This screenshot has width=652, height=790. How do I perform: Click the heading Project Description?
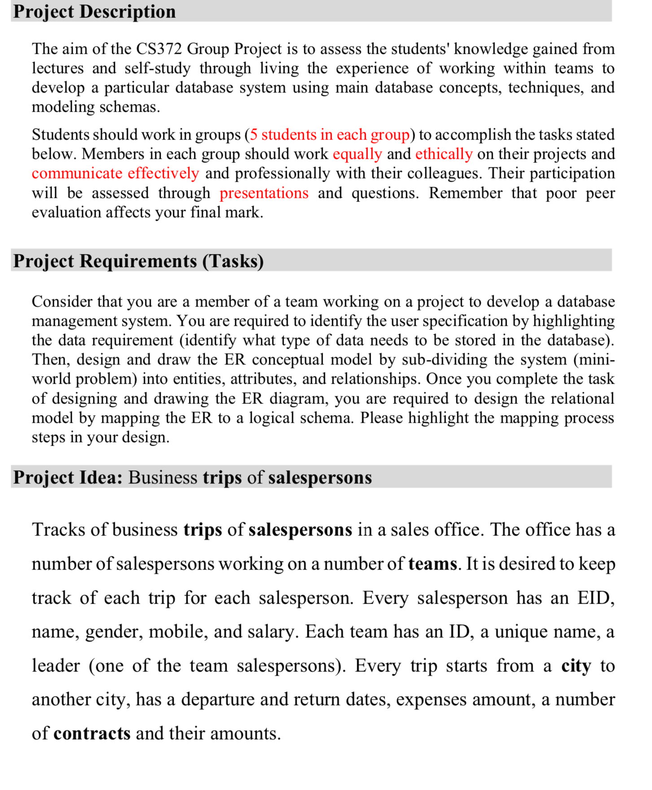94,11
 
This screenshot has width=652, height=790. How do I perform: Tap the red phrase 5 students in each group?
330,134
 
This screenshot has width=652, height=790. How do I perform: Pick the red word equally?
357,154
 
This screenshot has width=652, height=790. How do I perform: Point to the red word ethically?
444,154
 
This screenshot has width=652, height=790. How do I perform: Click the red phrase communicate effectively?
115,173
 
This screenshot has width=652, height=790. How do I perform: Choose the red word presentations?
264,193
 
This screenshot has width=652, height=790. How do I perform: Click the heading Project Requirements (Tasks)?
138,261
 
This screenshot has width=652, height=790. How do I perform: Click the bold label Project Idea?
68,477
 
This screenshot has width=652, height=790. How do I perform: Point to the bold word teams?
432,564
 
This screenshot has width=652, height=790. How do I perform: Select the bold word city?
576,666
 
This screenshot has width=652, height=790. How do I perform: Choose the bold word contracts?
92,733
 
